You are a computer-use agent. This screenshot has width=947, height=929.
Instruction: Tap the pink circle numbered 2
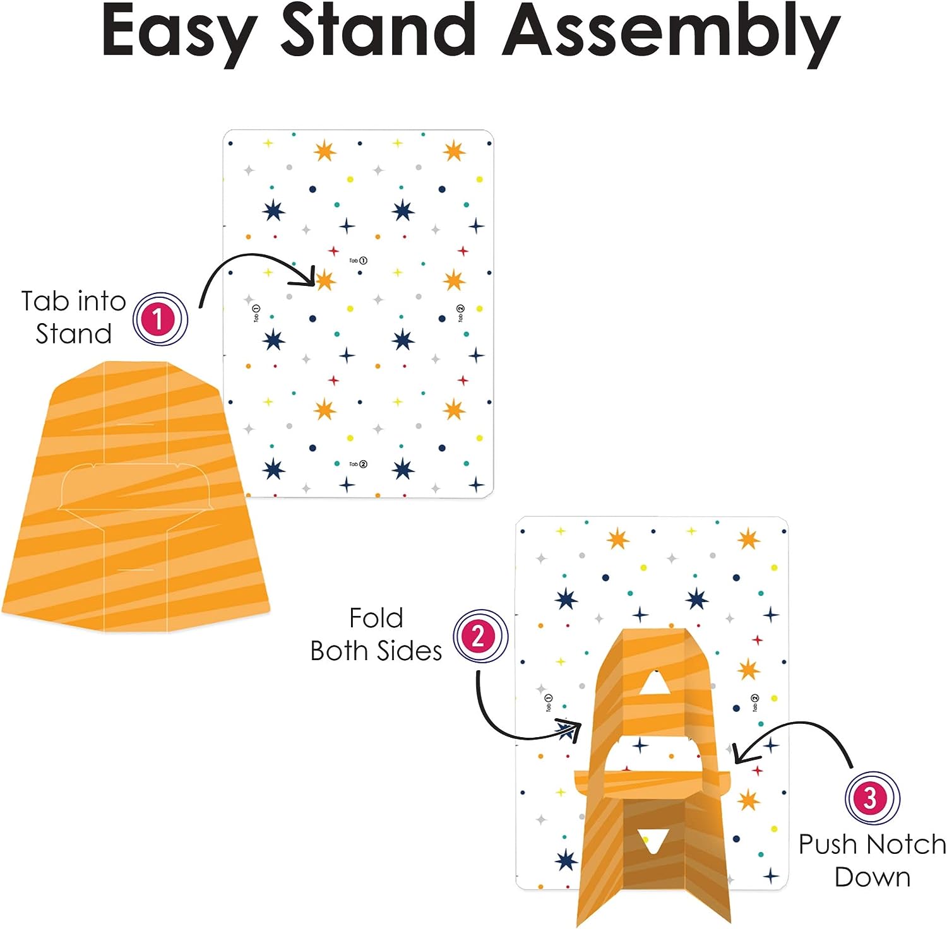(x=480, y=636)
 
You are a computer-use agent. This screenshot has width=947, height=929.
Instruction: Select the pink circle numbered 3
(x=872, y=798)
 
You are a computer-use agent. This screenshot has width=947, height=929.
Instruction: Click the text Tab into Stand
(x=73, y=317)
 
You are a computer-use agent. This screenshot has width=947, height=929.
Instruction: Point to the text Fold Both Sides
(x=376, y=634)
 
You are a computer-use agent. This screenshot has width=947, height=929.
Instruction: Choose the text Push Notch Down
(x=872, y=860)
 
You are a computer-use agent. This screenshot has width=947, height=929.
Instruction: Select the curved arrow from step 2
(x=505, y=726)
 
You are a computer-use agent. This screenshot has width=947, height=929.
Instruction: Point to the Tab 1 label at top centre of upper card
(x=358, y=260)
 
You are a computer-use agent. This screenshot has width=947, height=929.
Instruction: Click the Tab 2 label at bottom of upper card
(x=358, y=464)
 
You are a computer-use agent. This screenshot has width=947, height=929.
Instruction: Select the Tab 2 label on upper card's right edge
(x=460, y=313)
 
